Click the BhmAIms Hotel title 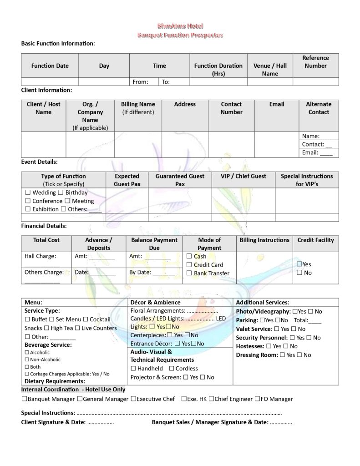pos(180,27)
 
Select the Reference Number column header pos(315,62)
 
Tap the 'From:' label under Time pos(140,82)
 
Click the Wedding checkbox pos(28,193)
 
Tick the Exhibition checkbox pos(28,209)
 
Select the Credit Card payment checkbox pos(189,265)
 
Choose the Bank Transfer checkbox pos(189,274)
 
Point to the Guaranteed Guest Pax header pos(180,180)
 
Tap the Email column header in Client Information pos(276,104)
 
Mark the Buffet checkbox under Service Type pos(27,319)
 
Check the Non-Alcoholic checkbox pos(27,360)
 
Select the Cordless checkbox pos(172,369)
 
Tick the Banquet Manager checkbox pos(24,399)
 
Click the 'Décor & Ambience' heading pos(155,302)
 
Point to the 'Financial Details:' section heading pos(44,226)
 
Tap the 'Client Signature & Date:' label pos(53,422)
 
